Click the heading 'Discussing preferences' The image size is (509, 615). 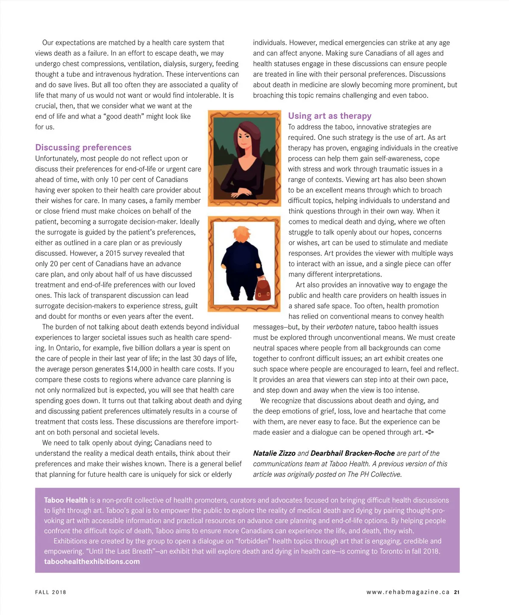(x=83, y=148)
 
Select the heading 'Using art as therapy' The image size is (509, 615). (x=330, y=116)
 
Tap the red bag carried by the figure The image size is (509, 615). (x=263, y=289)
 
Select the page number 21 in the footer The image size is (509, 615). (x=456, y=592)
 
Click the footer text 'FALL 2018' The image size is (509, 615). (x=50, y=592)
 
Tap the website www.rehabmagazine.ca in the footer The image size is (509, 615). (x=408, y=592)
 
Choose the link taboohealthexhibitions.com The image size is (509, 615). (x=92, y=562)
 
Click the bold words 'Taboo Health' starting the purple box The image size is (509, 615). (x=66, y=500)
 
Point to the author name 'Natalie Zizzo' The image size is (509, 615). (x=274, y=453)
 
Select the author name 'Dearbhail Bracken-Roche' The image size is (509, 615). (x=352, y=453)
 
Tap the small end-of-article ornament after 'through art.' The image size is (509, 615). (x=429, y=432)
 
